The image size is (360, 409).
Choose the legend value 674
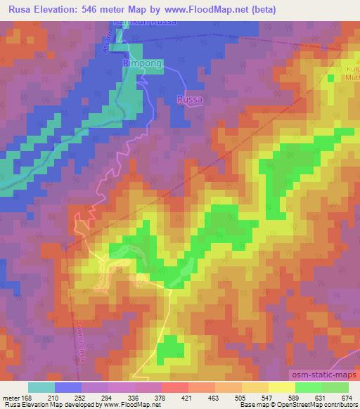(x=347, y=397)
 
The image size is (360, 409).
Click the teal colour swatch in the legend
(x=41, y=387)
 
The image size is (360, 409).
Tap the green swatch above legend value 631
(x=308, y=387)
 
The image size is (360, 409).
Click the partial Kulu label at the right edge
(x=352, y=70)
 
